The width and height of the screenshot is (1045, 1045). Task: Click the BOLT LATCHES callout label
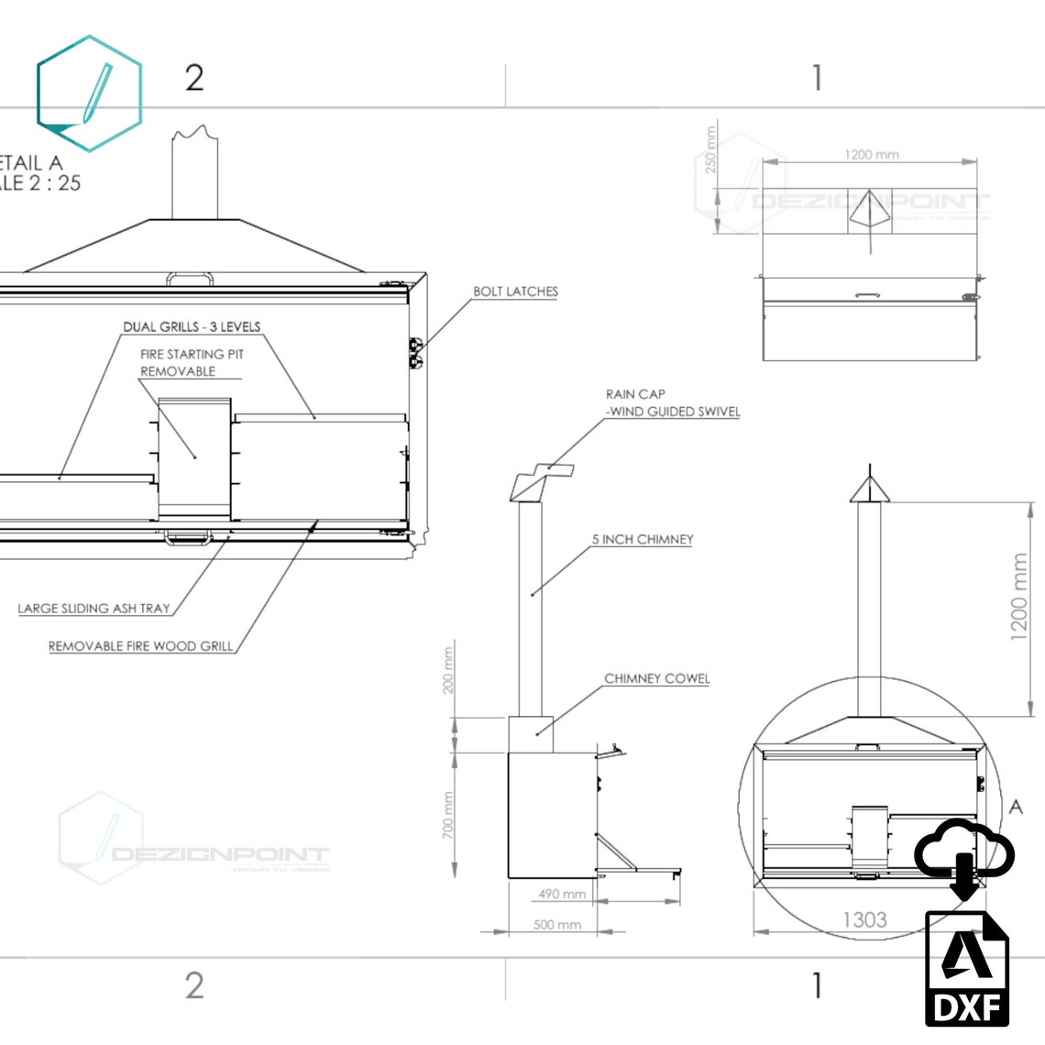[x=515, y=291]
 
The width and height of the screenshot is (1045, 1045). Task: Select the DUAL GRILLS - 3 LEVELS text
[x=192, y=326]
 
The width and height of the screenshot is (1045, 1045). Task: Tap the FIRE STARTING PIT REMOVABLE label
[x=191, y=362]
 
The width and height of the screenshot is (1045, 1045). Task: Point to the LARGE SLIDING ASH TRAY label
[x=93, y=608]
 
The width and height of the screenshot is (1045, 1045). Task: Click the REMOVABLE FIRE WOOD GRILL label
[x=140, y=646]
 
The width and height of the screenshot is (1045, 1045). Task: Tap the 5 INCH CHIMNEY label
[x=642, y=539]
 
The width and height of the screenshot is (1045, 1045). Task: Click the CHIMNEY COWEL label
[x=656, y=678]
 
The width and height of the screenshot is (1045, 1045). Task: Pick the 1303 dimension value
[x=864, y=919]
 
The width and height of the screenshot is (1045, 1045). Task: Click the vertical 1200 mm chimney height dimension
[x=1019, y=597]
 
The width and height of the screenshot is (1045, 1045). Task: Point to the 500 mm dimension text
[x=557, y=924]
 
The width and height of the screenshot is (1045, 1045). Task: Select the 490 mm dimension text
[x=562, y=894]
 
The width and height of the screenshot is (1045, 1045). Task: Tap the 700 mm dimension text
[x=448, y=815]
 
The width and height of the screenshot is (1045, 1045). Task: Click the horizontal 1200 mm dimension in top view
[x=872, y=154]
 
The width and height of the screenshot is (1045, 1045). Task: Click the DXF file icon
[x=966, y=968]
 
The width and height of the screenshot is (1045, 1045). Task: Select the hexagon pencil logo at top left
[x=89, y=93]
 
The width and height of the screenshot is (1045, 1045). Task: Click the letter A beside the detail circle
[x=1015, y=808]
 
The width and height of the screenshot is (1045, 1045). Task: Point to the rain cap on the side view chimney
[x=542, y=481]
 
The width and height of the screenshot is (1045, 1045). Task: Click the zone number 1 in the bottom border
[x=817, y=985]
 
